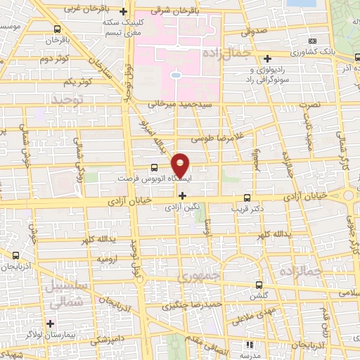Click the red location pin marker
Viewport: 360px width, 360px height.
coord(181,165)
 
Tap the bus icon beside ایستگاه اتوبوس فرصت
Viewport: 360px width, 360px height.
coord(154,167)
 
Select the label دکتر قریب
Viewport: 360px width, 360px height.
coord(246,208)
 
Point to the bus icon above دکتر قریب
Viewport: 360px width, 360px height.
coord(246,198)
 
